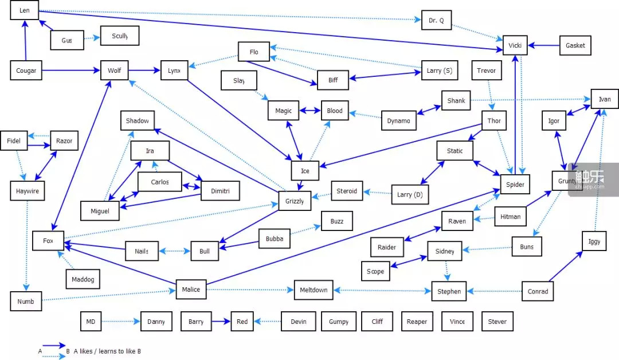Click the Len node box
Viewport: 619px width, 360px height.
click(x=24, y=11)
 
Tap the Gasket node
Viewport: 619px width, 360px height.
click(x=575, y=45)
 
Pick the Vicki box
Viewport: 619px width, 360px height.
click(x=515, y=45)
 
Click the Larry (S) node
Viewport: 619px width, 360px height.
click(x=439, y=71)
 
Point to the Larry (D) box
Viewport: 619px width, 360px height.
click(x=410, y=195)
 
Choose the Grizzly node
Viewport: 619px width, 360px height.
click(x=295, y=201)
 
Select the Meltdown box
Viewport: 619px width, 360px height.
click(x=314, y=290)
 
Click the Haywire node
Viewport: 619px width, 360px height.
click(x=27, y=191)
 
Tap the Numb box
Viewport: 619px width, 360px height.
click(x=26, y=302)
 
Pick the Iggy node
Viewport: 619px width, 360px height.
click(x=594, y=241)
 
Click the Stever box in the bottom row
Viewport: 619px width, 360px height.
click(x=497, y=322)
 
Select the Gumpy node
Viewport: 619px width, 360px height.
click(x=338, y=322)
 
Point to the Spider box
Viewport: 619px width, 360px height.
click(x=515, y=184)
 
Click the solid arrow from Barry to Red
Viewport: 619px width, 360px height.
click(x=221, y=322)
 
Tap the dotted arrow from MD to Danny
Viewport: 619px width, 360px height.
click(x=120, y=322)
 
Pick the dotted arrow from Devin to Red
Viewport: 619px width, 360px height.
click(x=268, y=322)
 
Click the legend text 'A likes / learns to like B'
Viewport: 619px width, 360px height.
click(x=106, y=351)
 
